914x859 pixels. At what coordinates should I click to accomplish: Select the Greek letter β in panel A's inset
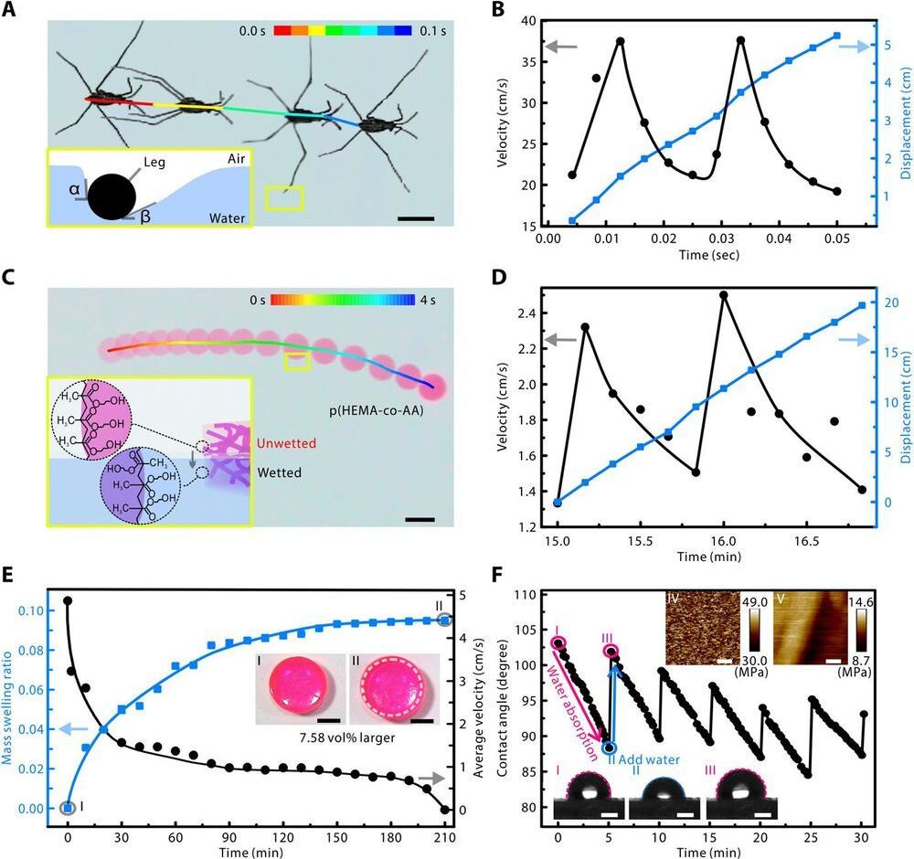[x=144, y=218]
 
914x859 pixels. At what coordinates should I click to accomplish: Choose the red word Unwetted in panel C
[x=287, y=443]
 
